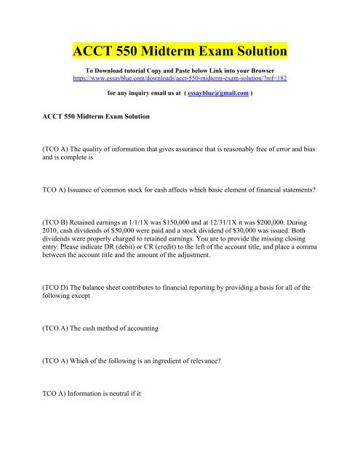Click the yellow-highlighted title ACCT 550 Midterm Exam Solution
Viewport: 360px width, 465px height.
point(180,52)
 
